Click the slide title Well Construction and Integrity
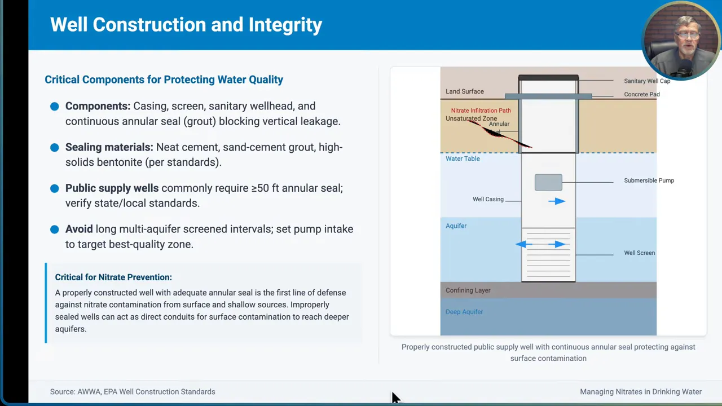point(186,25)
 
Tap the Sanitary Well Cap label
point(646,81)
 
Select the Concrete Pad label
point(641,94)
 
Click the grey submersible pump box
point(548,182)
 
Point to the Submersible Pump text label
point(649,180)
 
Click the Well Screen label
point(639,253)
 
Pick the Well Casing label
point(488,199)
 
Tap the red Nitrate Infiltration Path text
point(481,111)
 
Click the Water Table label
point(463,158)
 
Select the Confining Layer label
point(468,290)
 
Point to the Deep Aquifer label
point(464,312)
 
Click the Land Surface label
point(464,91)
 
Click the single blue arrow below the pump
point(556,201)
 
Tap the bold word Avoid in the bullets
point(79,229)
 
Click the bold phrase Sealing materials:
point(109,147)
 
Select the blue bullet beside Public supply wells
point(54,188)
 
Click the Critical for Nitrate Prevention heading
point(113,277)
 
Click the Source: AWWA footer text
point(133,391)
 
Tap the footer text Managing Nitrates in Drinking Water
point(641,391)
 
